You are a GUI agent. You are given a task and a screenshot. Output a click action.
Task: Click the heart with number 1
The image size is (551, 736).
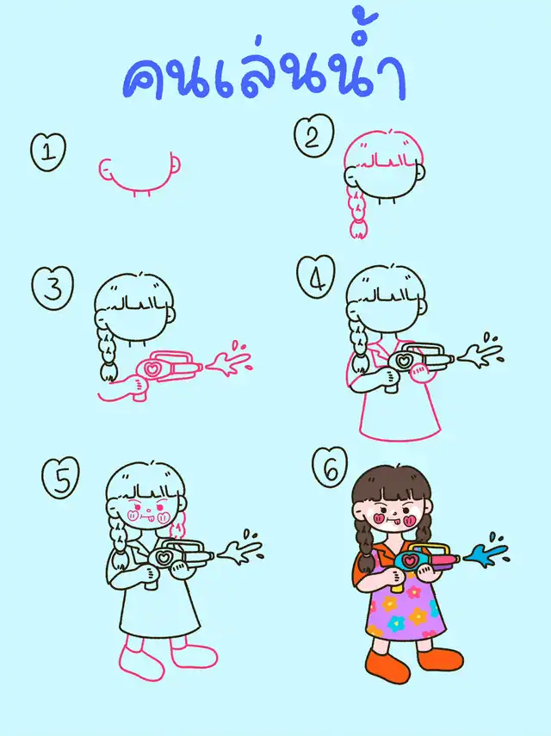pos(48,152)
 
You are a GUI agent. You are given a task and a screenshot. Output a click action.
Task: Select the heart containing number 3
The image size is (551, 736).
pos(53,288)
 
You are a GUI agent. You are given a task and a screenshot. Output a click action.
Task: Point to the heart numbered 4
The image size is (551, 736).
pos(316,277)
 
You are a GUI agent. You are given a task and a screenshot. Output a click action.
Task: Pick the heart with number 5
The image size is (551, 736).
pos(60,479)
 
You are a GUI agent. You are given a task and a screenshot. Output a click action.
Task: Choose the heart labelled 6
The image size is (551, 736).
pos(330,467)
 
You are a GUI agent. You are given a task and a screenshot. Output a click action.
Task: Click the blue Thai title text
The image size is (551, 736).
pos(263,61)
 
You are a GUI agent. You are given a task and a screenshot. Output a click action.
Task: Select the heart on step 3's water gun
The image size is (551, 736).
pos(152,368)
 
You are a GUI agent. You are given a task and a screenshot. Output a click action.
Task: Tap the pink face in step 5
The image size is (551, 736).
pos(147,512)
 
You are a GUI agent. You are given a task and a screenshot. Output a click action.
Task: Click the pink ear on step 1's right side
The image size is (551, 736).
pos(175,164)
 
